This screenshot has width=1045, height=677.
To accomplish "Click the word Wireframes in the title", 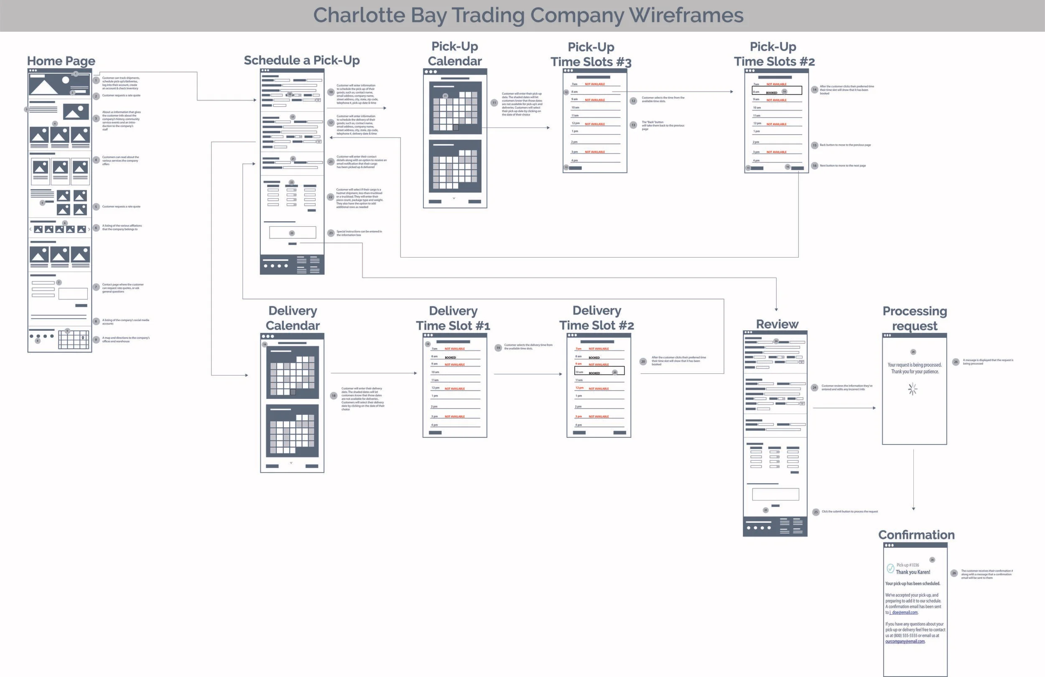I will (686, 15).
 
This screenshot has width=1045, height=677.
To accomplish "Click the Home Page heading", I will (61, 61).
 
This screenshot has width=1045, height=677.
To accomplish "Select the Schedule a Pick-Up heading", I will (302, 60).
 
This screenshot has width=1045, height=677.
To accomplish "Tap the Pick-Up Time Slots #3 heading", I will (591, 54).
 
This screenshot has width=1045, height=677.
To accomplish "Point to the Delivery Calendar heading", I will (293, 318).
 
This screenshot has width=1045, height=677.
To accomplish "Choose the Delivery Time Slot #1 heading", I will (453, 318).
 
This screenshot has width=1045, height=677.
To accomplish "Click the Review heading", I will (777, 324).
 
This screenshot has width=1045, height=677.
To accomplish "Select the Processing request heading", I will (915, 318).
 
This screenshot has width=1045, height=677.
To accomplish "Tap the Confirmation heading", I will (916, 535).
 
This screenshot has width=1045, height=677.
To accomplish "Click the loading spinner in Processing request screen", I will (912, 389).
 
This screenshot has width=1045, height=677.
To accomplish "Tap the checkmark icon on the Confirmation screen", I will (890, 568).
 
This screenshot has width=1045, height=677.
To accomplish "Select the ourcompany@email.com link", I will (905, 641).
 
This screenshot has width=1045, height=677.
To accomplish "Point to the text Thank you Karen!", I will (913, 572).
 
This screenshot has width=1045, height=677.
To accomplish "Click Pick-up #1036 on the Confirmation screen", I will (907, 565).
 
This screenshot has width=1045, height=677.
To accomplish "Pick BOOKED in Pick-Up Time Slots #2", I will (772, 93).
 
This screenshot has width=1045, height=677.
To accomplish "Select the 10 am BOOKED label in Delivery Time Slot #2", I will (594, 373).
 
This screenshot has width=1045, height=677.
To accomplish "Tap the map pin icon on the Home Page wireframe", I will (83, 337).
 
